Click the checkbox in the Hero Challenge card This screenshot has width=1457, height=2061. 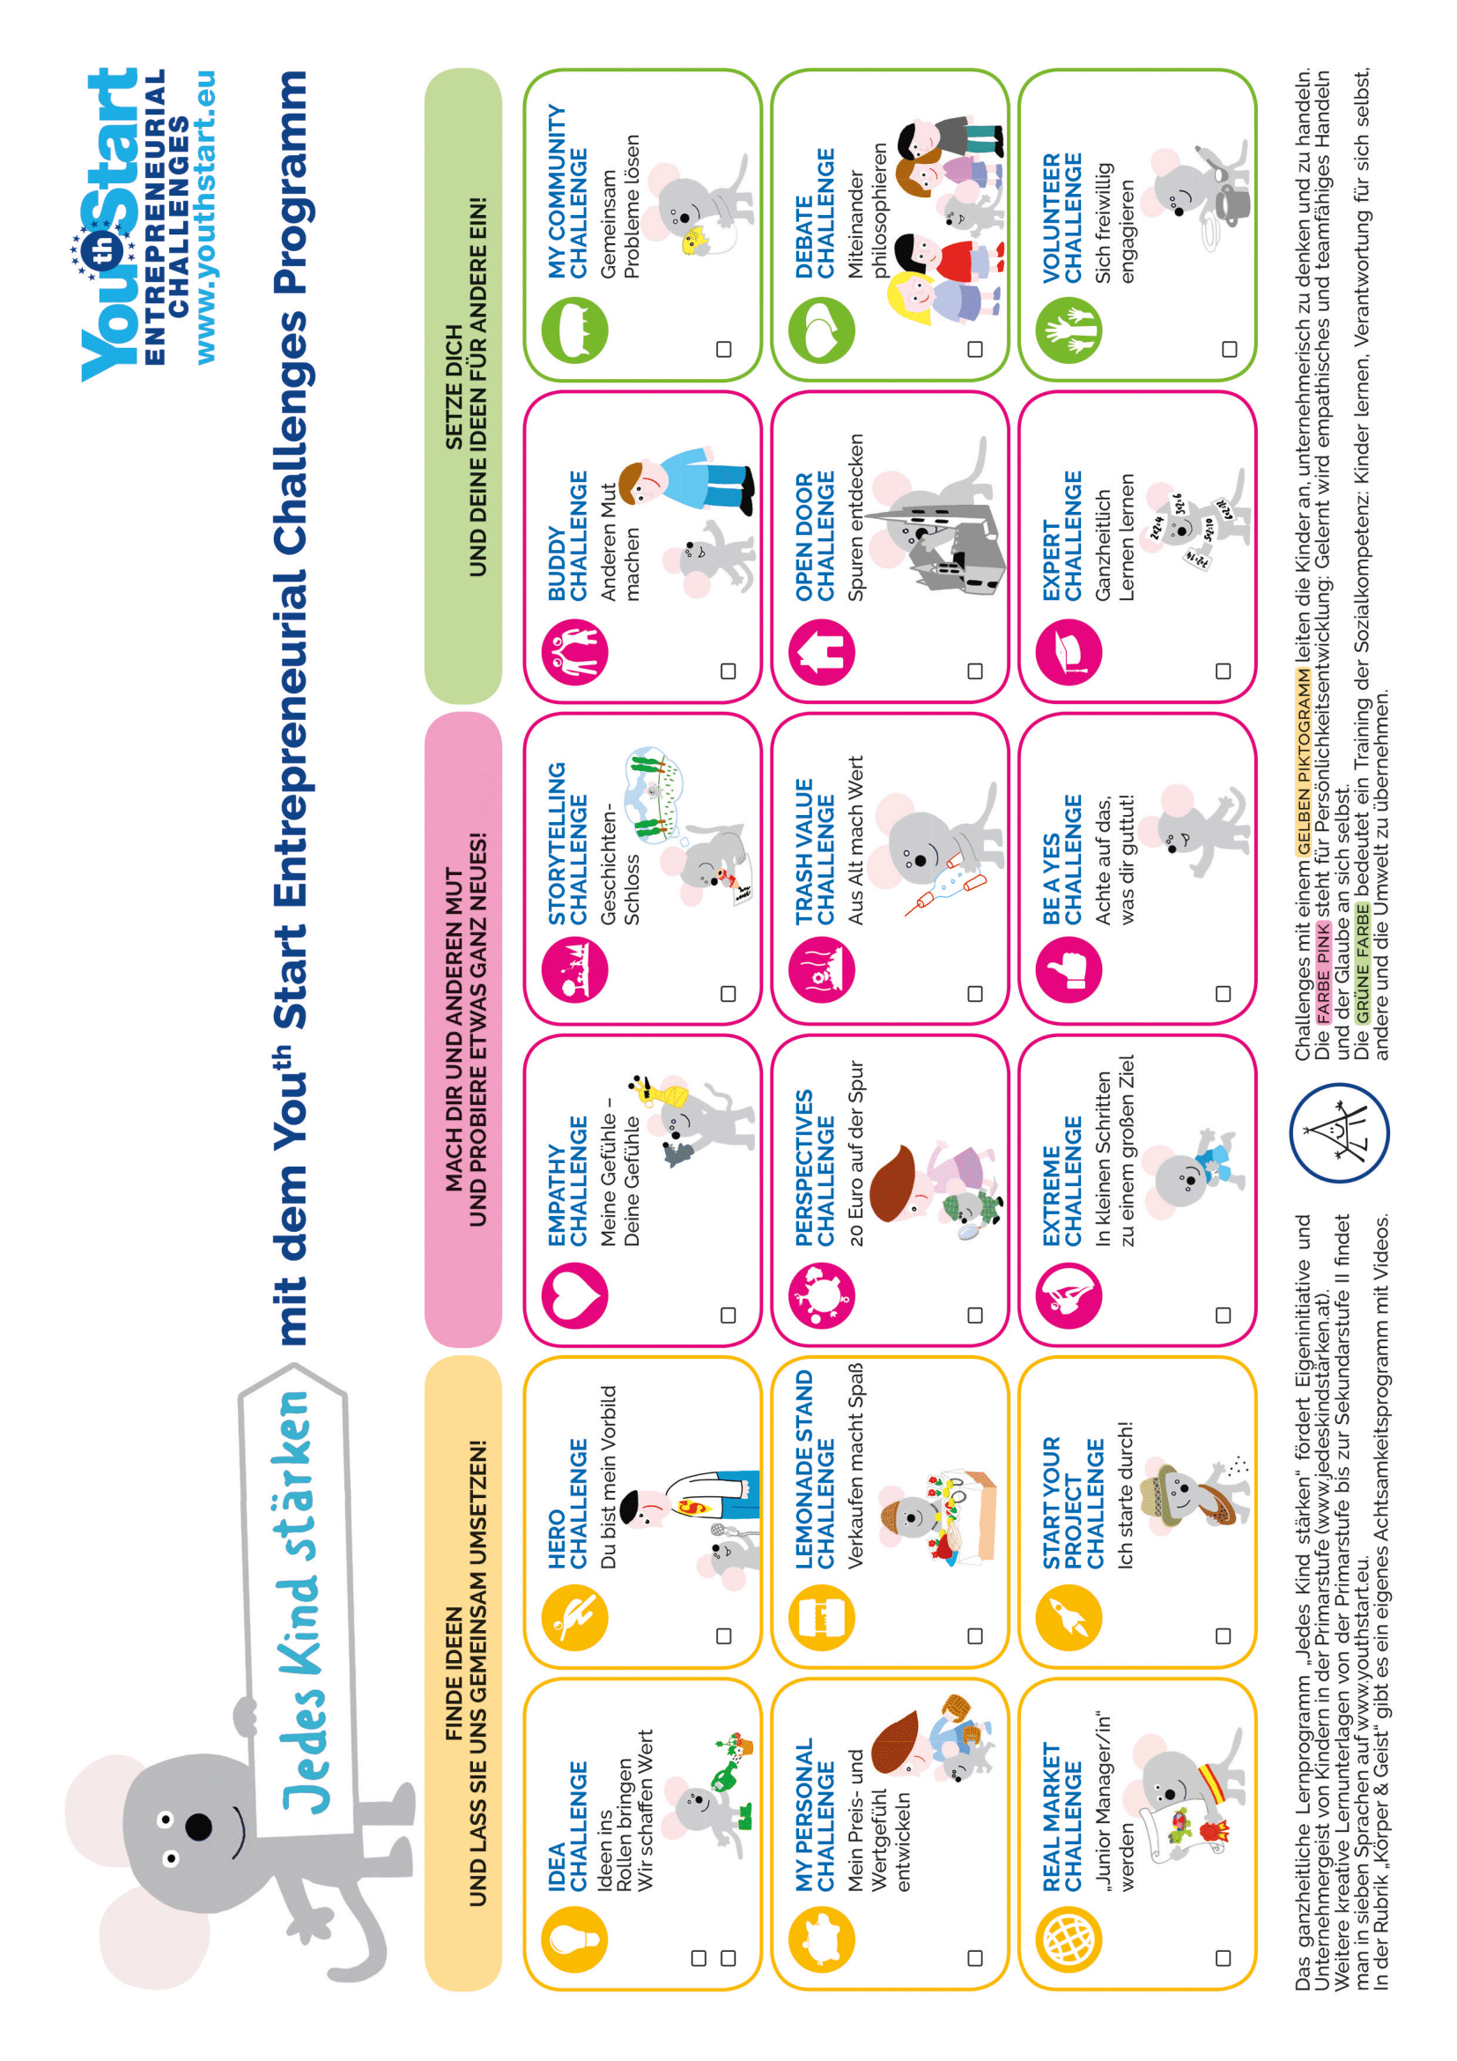pos(724,1636)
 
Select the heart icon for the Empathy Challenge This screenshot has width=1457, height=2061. pos(575,1294)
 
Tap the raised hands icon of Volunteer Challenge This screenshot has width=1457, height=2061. pos(1069,330)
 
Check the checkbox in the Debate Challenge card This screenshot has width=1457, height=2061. pos(975,348)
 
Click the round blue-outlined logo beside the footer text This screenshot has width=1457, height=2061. pos(1340,1133)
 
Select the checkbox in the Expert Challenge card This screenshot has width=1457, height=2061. pos(1223,671)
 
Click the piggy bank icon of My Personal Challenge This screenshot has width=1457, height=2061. pos(822,1938)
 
